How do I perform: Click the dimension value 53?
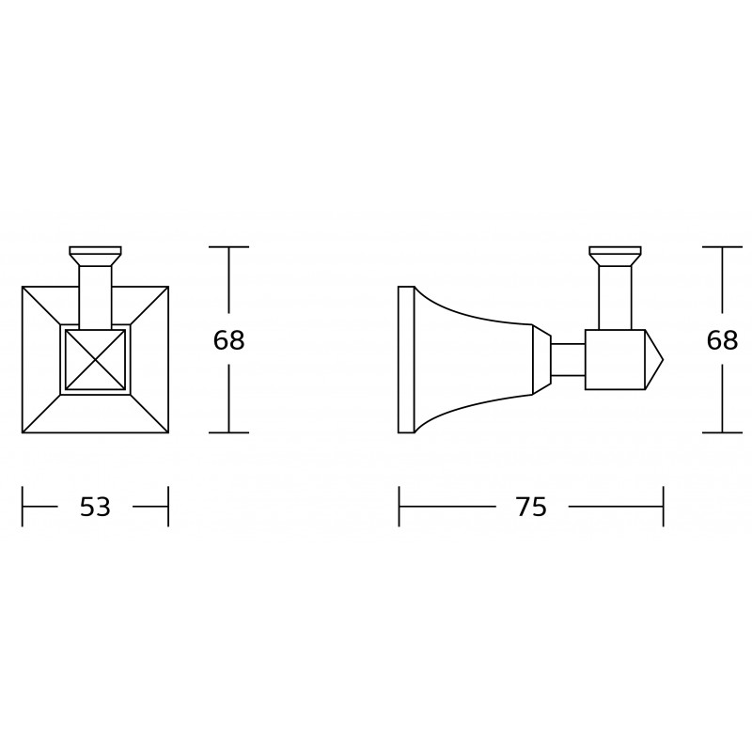point(96,507)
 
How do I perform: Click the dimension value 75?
point(531,507)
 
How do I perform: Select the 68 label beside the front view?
point(228,340)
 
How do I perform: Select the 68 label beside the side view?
point(722,340)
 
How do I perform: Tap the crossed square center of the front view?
point(96,360)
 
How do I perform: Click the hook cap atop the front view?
point(96,256)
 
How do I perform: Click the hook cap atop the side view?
point(616,256)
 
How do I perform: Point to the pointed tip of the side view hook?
point(663,359)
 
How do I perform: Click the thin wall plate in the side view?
point(406,360)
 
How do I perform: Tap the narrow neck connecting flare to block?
point(568,359)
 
